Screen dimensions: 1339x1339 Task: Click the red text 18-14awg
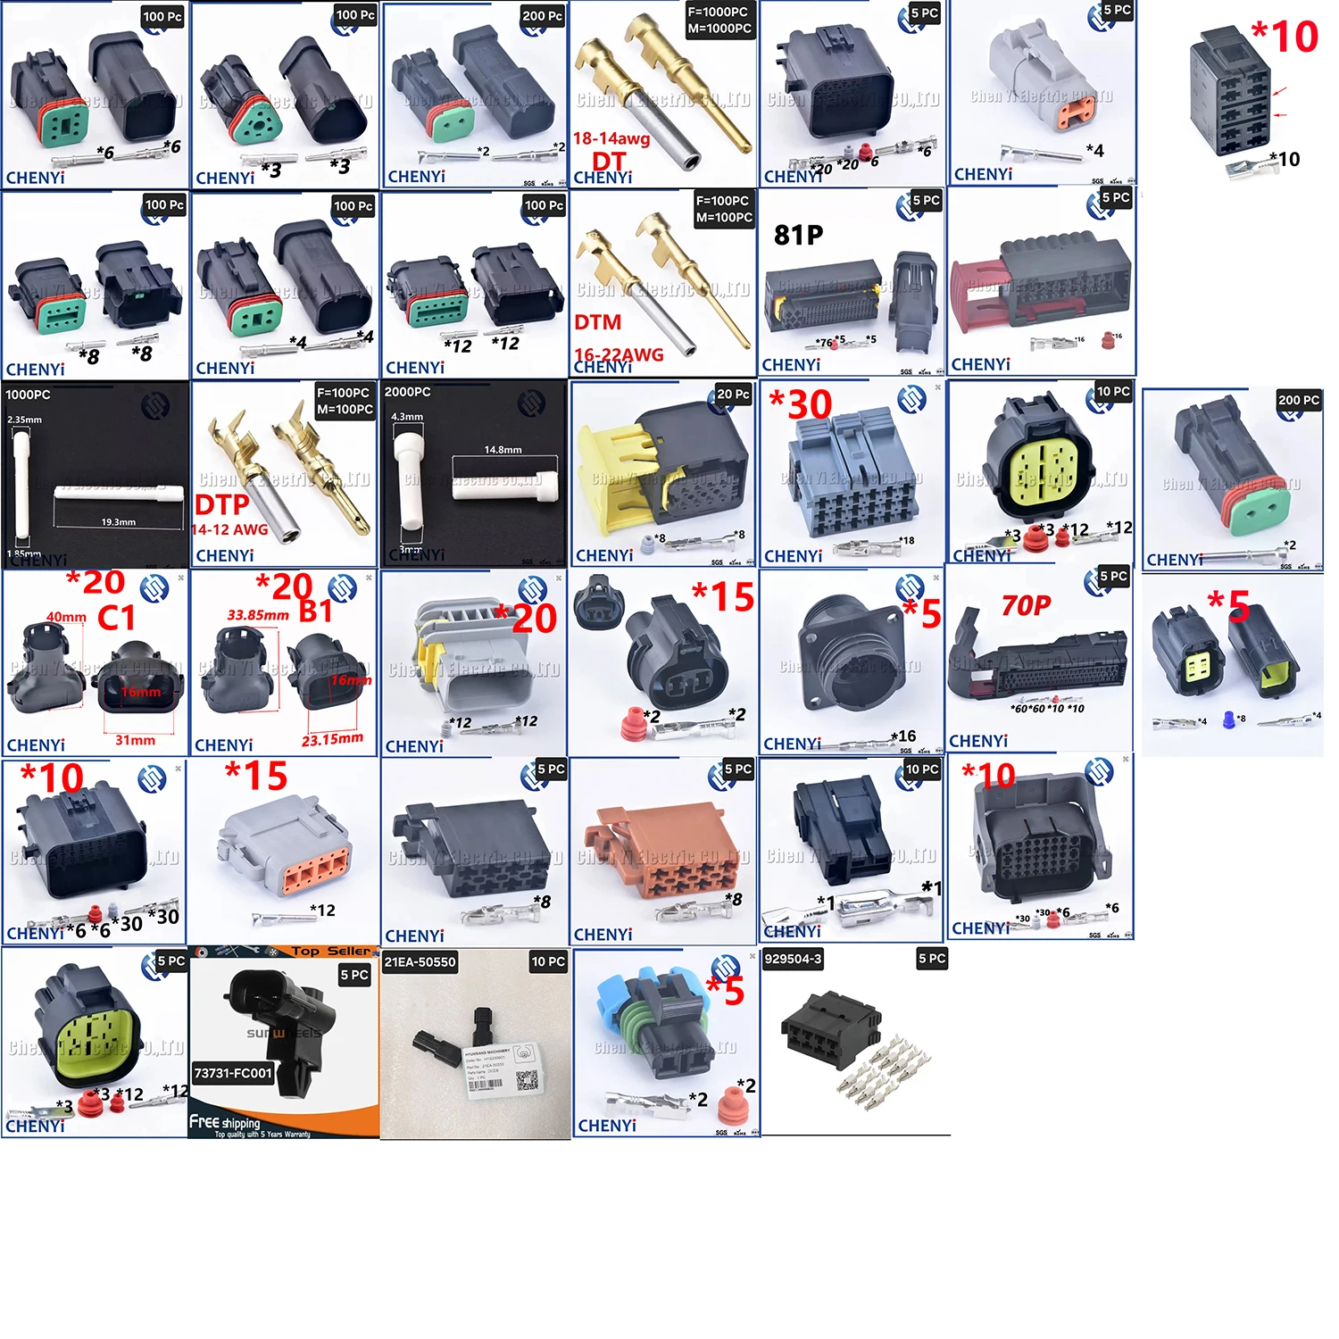coord(611,138)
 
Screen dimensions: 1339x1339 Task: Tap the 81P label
coord(798,235)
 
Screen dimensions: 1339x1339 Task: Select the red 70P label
coord(1026,606)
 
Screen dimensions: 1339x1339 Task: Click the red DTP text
coord(222,505)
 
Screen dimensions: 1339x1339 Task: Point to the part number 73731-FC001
coord(233,1073)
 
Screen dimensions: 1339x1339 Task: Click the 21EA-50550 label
coord(420,962)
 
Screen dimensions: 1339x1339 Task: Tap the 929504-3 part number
coord(793,959)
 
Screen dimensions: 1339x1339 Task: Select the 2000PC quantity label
coord(407,392)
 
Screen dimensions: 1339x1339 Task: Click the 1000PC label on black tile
coord(28,395)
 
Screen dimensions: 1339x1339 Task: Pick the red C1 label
coord(116,618)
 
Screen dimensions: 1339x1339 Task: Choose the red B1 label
coord(315,611)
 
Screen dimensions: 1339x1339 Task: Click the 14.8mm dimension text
coord(503,450)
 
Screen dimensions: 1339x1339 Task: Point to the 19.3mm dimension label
coord(118,522)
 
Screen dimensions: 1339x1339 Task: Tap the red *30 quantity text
coord(801,404)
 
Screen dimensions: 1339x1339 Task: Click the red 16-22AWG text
coord(619,354)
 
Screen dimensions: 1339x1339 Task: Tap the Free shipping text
coord(225,1121)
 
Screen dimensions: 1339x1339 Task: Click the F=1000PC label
coord(719,12)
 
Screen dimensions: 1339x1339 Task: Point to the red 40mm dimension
coord(66,617)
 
